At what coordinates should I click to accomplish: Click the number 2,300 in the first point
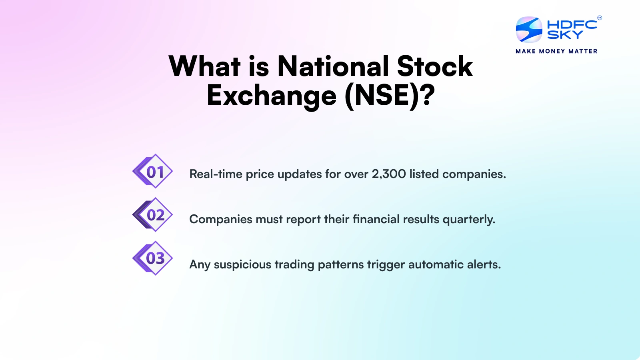click(x=388, y=174)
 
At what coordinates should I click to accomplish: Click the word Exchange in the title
click(x=272, y=96)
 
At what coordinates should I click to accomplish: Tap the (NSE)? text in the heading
click(x=389, y=96)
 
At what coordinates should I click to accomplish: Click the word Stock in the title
click(x=435, y=66)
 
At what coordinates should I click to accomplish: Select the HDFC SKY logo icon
click(x=529, y=30)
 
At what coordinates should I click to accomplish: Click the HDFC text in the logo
click(x=572, y=25)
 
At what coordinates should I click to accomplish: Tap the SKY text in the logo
click(x=565, y=35)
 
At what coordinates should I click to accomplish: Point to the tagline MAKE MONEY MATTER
click(x=556, y=51)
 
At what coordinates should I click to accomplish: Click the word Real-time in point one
click(x=216, y=174)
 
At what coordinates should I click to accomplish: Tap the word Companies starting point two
click(x=220, y=220)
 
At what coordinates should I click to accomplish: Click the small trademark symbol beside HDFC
click(x=600, y=18)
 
